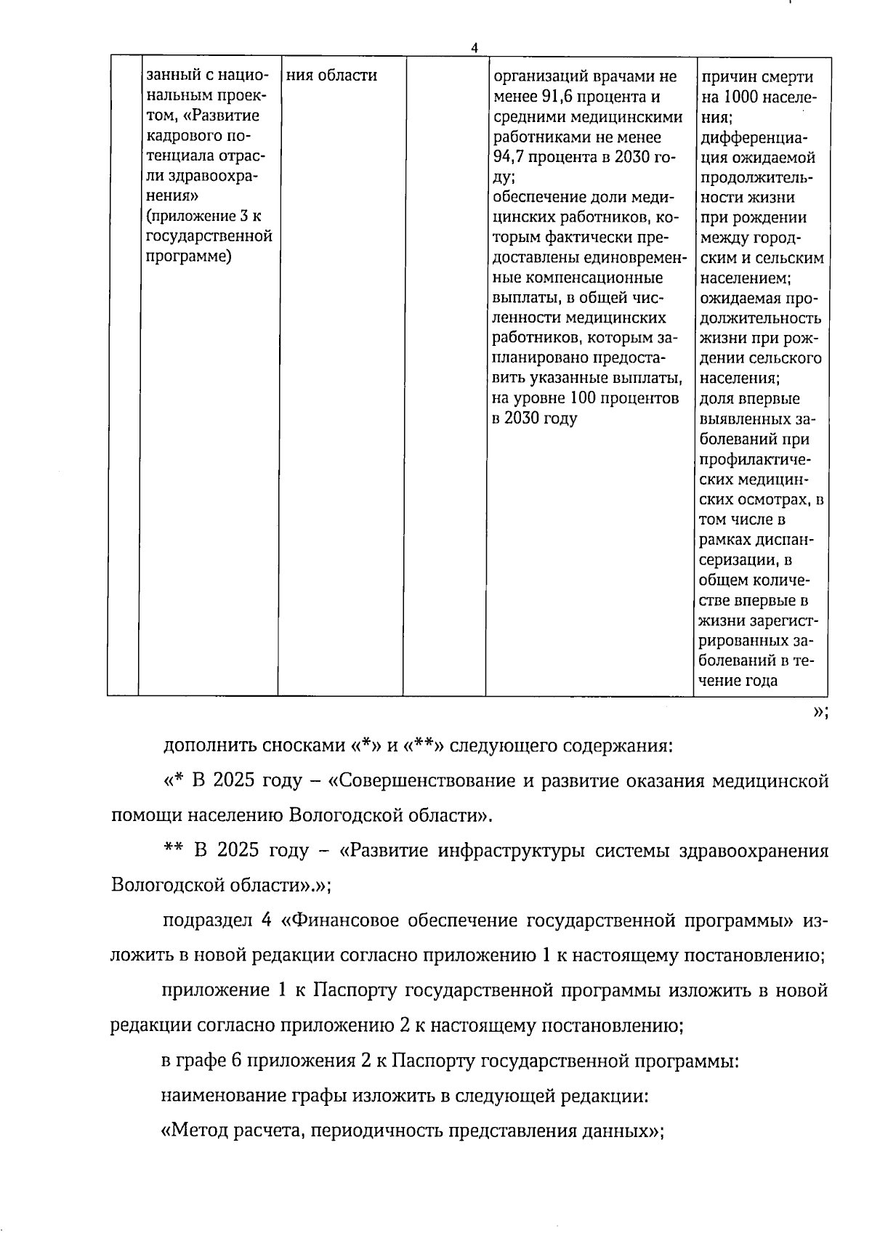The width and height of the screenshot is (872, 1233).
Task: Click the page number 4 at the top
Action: point(475,48)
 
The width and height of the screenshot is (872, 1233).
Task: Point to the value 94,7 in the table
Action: point(512,157)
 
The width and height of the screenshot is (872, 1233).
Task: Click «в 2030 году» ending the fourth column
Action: point(534,419)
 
